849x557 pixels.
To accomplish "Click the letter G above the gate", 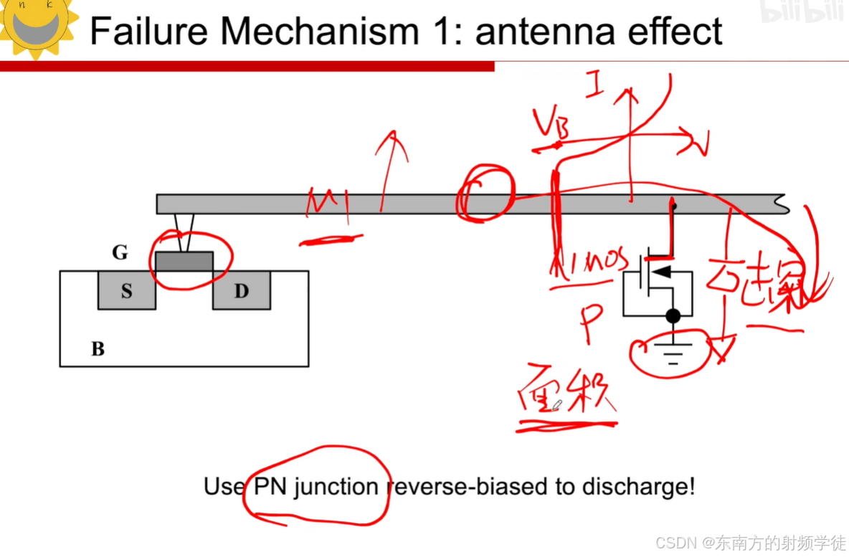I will coord(120,252).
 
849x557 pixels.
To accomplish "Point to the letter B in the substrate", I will coord(98,349).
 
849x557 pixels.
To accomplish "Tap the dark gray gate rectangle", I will coord(184,262).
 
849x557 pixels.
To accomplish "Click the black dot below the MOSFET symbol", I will coord(673,315).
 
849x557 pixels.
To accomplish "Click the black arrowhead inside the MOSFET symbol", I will coord(664,272).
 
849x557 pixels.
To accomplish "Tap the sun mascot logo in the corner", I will coord(36,26).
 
